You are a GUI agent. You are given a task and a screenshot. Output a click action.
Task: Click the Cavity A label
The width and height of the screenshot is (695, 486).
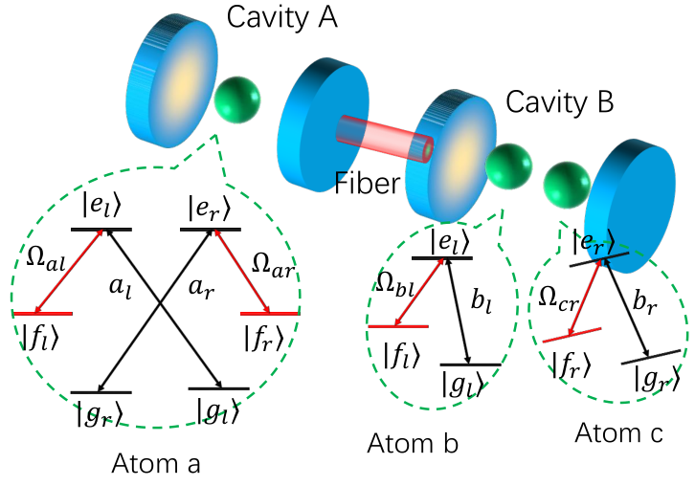281,18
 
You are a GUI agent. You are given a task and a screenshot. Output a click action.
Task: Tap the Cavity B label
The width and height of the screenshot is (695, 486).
559,102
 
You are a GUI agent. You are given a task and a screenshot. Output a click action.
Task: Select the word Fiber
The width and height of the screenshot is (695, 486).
367,183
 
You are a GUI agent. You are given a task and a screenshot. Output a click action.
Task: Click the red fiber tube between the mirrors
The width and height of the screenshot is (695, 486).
384,139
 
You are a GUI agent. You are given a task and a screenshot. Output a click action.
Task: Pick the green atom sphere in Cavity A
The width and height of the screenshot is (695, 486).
237,99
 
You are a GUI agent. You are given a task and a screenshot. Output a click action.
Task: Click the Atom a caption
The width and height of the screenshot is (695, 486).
156,463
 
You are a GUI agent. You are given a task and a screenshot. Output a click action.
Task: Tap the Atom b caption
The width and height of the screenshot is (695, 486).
413,443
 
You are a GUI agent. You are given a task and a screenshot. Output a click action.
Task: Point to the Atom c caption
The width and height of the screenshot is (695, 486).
618,432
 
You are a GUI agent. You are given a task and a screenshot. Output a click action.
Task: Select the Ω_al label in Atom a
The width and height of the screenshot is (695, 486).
46,258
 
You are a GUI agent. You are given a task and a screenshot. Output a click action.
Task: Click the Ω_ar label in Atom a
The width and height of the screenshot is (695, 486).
273,266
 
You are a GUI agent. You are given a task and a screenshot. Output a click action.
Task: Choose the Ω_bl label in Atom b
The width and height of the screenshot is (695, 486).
394,284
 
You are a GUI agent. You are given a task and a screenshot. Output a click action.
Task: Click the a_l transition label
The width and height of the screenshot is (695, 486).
120,288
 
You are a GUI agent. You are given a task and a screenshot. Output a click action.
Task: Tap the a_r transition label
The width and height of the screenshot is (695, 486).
202,288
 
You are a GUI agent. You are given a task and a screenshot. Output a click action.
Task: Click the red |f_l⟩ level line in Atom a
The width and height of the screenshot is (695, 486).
43,314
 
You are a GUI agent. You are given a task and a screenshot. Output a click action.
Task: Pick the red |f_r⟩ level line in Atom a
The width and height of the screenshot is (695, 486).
270,314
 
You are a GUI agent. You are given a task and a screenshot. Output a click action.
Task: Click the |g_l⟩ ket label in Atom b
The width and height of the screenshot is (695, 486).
462,384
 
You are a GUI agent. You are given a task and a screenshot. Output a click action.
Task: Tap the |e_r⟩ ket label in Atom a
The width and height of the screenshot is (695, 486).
210,208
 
